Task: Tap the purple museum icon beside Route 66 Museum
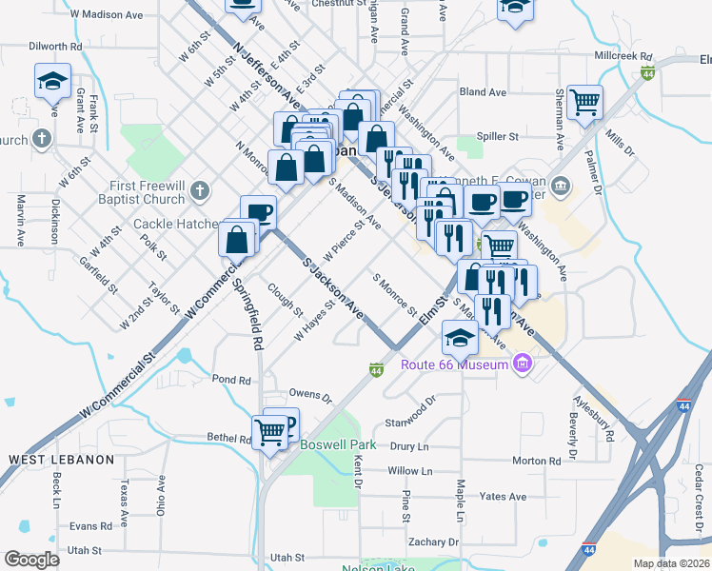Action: pyautogui.click(x=521, y=364)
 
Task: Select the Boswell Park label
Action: pyautogui.click(x=338, y=444)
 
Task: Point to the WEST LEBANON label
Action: pyautogui.click(x=61, y=460)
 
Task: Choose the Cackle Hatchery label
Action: pyautogui.click(x=176, y=225)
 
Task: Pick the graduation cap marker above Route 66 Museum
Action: pyautogui.click(x=460, y=338)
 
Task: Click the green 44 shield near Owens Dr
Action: pyautogui.click(x=376, y=368)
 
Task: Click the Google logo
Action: pyautogui.click(x=31, y=560)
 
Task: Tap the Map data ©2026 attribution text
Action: pyautogui.click(x=671, y=563)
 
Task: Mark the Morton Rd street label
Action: pyautogui.click(x=536, y=461)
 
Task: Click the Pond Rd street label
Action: pyautogui.click(x=231, y=380)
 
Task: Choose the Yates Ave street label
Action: pyautogui.click(x=503, y=497)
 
